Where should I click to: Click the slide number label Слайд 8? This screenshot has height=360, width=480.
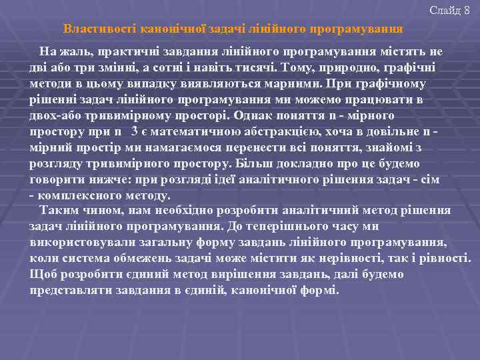(x=454, y=10)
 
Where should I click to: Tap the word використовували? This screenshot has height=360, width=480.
(x=79, y=243)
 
